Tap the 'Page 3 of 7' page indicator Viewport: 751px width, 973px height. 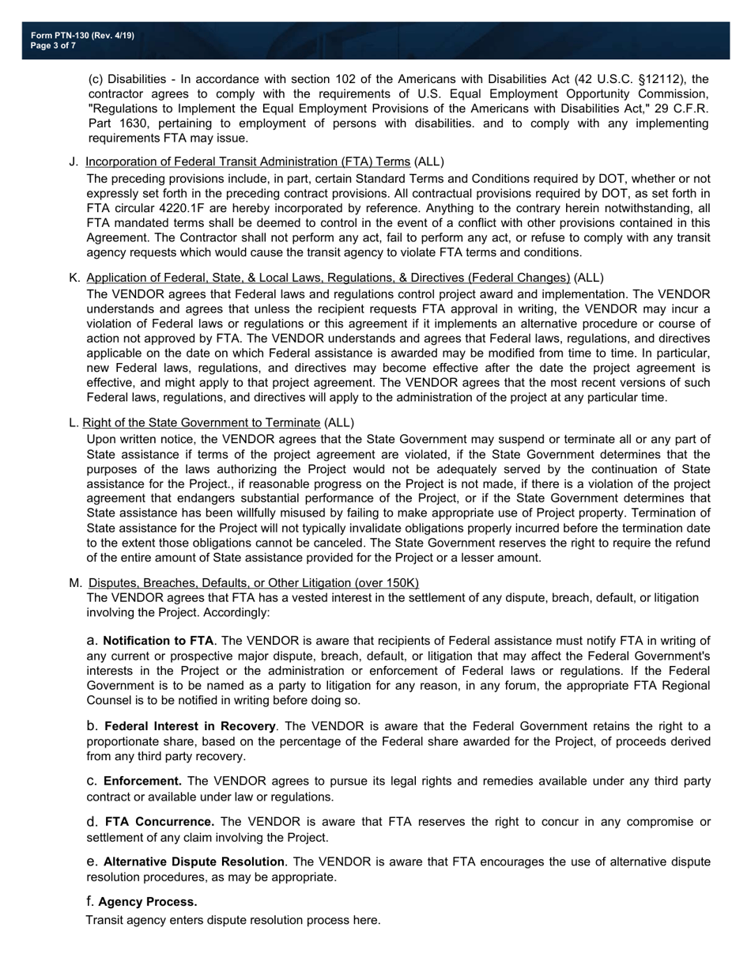click(x=54, y=46)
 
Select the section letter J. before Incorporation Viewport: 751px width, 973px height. click(x=74, y=162)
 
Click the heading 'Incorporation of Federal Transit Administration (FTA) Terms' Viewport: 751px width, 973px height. click(x=248, y=162)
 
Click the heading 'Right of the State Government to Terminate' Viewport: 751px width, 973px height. click(x=202, y=422)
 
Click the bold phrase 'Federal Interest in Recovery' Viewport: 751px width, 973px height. click(x=190, y=726)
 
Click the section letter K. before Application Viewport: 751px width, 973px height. click(x=74, y=278)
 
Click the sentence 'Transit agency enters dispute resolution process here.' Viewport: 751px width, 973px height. click(x=233, y=920)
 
